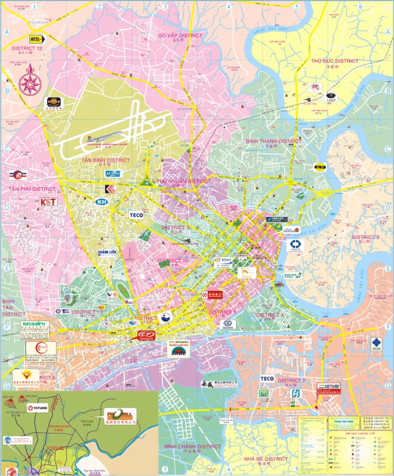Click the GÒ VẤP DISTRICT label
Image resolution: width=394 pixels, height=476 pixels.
tap(180, 35)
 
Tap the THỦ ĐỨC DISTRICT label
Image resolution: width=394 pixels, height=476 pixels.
tap(334, 61)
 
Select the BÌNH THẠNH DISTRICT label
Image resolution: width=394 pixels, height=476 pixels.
tap(273, 141)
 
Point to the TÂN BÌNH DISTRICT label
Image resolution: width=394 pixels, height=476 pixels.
tap(106, 160)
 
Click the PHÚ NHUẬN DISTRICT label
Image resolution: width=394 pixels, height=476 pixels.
tap(183, 181)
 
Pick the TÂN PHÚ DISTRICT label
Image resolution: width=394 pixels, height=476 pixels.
tap(32, 189)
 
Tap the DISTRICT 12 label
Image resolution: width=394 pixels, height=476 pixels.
tap(27, 48)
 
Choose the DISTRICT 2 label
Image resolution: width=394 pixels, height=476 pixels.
tap(365, 237)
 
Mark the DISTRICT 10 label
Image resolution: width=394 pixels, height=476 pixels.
tap(173, 261)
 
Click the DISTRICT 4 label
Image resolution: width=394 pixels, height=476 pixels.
tap(270, 315)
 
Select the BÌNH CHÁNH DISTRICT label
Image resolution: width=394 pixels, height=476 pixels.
tap(192, 447)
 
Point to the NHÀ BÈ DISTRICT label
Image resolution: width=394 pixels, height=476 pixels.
tap(265, 459)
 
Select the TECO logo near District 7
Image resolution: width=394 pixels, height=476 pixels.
tap(267, 379)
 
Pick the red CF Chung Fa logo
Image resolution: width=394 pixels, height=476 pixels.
tap(142, 335)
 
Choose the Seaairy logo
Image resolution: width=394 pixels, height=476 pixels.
tap(34, 323)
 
